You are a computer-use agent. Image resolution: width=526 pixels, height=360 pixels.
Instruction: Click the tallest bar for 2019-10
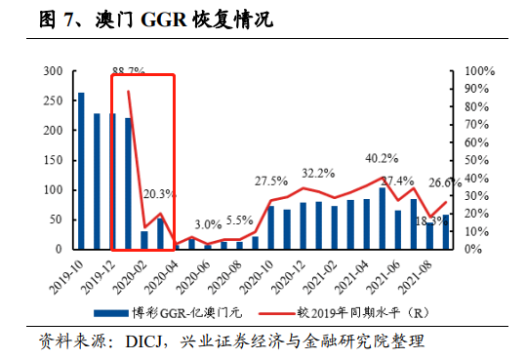pos(81,171)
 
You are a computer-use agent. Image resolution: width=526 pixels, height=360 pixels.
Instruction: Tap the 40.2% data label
pos(382,158)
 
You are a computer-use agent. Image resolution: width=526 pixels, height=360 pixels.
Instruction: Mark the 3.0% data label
pos(208,224)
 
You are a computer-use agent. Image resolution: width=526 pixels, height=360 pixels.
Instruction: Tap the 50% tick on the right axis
pos(473,160)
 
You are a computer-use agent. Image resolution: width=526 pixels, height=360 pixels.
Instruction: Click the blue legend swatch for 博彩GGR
pos(118,312)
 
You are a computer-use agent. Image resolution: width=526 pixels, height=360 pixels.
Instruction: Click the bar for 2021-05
pos(383,215)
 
